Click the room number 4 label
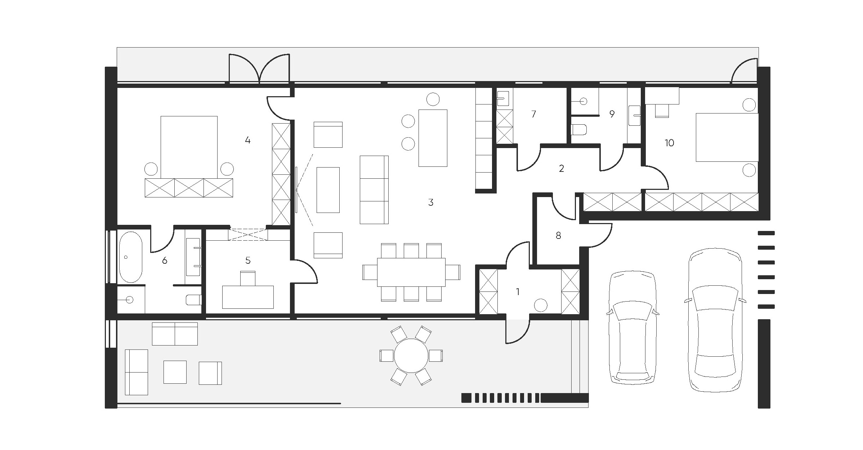247,140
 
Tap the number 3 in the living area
431,202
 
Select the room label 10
669,143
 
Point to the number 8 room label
558,236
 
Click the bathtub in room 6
131,257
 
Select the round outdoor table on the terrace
411,356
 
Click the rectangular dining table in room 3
411,272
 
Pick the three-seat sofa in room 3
374,190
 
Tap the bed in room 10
727,137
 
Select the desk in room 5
248,297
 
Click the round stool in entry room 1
541,306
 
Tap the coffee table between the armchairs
328,190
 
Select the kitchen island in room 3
433,138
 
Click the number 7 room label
533,114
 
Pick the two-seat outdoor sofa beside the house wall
175,334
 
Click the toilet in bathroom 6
193,300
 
